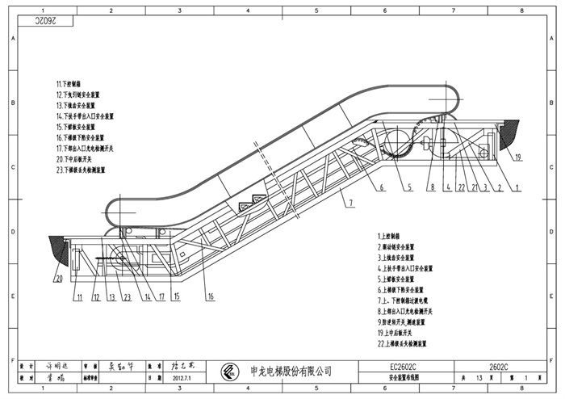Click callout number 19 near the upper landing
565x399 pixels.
(x=518, y=157)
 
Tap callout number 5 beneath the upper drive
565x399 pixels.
(x=409, y=187)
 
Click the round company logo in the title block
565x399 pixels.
(x=231, y=372)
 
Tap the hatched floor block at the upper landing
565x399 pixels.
(x=509, y=133)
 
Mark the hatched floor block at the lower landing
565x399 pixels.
(x=59, y=249)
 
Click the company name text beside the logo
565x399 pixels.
(x=293, y=372)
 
